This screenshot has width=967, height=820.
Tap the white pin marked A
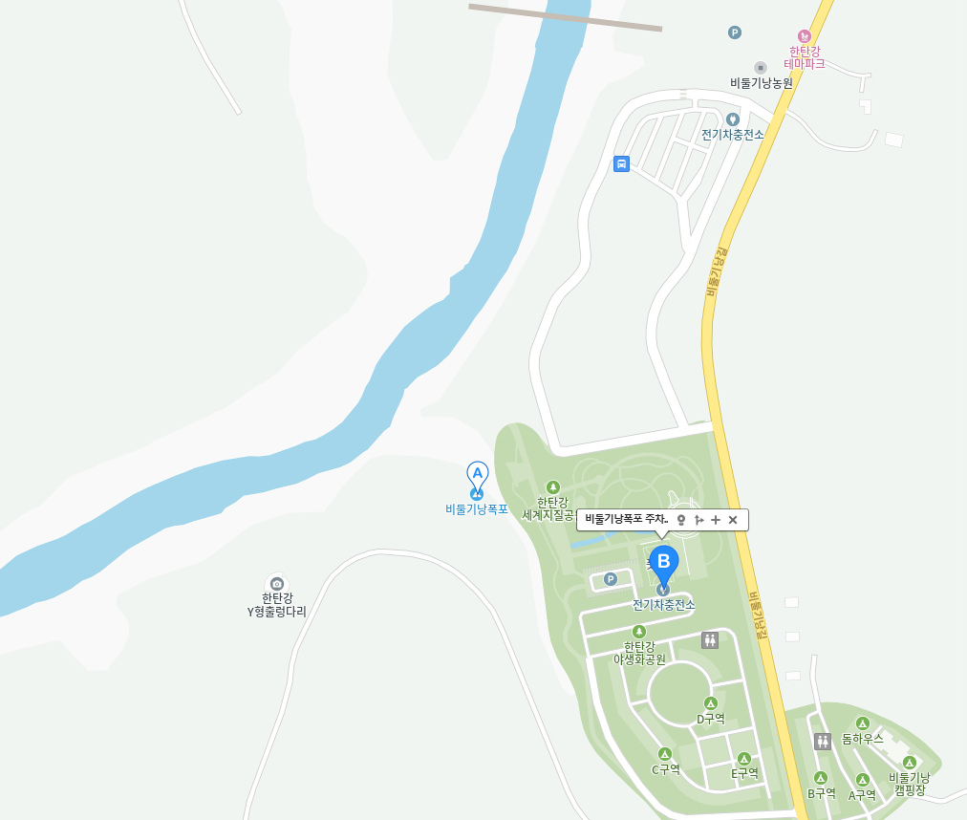tap(477, 473)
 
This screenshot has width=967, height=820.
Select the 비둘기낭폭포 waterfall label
tap(477, 509)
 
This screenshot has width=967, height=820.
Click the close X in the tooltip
tap(733, 519)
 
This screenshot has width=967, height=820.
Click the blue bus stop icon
tap(621, 163)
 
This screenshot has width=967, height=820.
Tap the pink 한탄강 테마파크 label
tap(804, 56)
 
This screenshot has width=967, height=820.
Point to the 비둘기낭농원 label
tap(762, 82)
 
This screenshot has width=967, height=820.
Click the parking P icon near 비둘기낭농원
tap(734, 32)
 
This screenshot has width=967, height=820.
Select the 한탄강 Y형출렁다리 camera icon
tap(277, 583)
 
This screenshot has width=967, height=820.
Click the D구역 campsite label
tap(710, 719)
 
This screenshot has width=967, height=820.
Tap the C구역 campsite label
tap(666, 768)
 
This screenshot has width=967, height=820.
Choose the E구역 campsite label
tap(744, 772)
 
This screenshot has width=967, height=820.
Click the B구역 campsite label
tap(821, 792)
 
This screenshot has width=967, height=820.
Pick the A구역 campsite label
tap(862, 793)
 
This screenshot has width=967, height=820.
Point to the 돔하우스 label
tap(863, 739)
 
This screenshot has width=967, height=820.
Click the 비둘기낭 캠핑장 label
tap(909, 784)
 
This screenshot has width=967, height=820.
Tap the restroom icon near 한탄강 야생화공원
tap(709, 639)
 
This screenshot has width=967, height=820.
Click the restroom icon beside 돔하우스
tap(823, 741)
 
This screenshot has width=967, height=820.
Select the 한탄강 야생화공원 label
tap(639, 653)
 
